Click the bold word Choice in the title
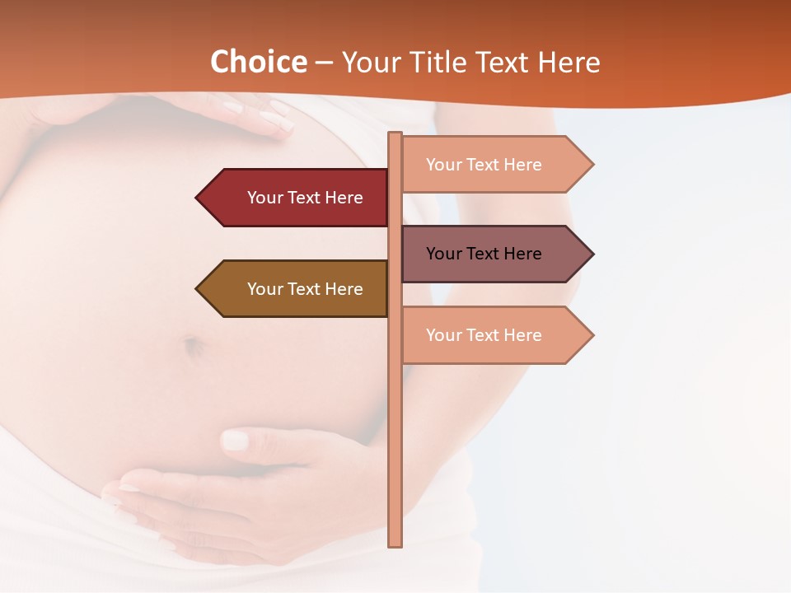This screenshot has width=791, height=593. pos(258,63)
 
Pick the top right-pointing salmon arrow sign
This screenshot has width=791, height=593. pos(494,164)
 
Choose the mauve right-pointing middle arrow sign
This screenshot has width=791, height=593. pos(494,254)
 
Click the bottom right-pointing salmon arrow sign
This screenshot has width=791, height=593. pos(494,335)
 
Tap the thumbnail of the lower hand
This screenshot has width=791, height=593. pos(236,441)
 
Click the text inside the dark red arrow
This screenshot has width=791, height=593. pos(305,198)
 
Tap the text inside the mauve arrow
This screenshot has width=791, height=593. pos(484,254)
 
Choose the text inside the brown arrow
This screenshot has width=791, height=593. pos(305,289)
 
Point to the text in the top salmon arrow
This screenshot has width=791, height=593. pos(484,165)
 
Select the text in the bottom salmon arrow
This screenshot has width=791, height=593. pos(484,335)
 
